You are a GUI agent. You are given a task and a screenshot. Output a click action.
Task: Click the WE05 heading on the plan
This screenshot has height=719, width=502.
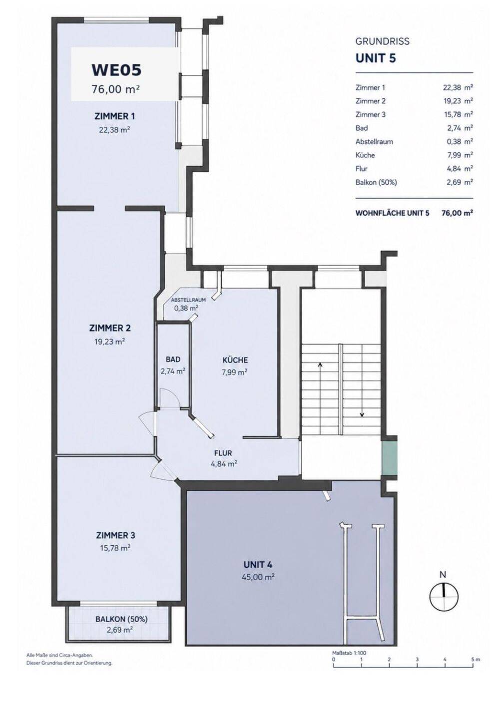116,70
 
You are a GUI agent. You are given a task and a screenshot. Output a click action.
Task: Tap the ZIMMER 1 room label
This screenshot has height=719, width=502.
114,116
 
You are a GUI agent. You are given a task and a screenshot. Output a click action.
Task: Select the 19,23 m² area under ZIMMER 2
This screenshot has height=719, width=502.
109,341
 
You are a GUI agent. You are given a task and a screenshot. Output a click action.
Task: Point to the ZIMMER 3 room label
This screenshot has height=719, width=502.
115,535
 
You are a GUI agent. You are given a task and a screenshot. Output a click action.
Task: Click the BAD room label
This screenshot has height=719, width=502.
173,359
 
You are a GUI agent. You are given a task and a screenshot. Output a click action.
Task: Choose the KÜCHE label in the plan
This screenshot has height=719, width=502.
235,360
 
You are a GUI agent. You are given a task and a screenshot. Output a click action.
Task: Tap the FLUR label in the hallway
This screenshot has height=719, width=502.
223,453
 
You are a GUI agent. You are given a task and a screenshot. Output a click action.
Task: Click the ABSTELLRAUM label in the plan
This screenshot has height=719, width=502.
188,300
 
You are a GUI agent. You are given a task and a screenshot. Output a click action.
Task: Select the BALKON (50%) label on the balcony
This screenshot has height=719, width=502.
121,619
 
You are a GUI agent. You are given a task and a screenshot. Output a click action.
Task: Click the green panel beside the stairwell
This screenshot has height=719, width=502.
389,458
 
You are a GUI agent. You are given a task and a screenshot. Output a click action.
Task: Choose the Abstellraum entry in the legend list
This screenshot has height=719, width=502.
374,142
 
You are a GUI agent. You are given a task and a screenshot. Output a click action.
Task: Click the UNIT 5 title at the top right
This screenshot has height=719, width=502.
376,58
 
